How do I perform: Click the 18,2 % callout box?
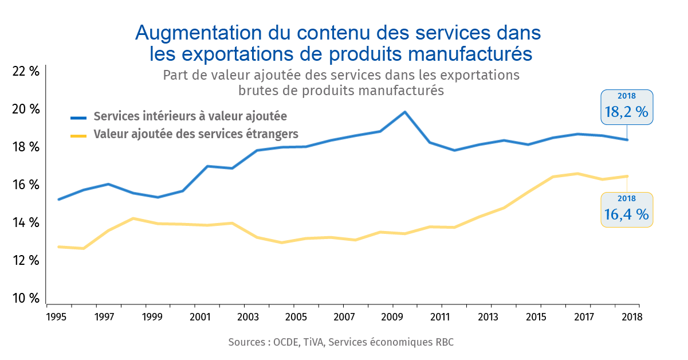coord(627,107)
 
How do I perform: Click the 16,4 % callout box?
coord(626,210)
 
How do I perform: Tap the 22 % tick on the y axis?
coord(26,72)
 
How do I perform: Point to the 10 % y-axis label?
coord(26,298)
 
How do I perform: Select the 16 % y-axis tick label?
coord(26,185)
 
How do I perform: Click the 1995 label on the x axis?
coord(55,316)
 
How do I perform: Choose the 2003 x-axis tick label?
coord(247,316)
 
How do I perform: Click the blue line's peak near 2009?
coord(405,112)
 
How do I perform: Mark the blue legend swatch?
coord(78,118)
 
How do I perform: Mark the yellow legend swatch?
coord(78,135)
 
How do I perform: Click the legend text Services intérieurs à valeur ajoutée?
coord(190,116)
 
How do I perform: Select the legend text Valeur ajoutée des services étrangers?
coord(196,134)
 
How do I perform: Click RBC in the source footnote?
coord(444,342)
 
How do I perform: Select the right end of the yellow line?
coord(627,176)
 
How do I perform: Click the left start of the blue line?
coord(59,199)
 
